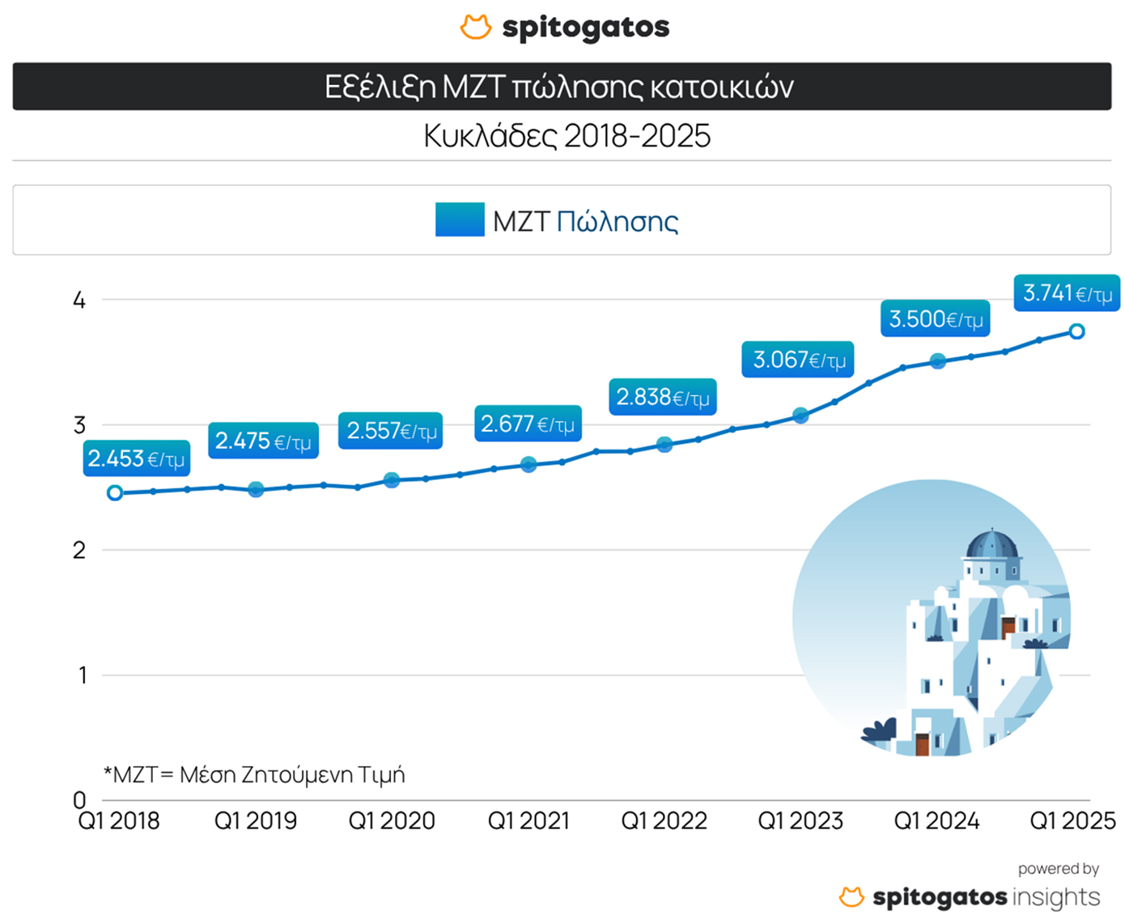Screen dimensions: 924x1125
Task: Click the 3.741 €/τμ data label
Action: pyautogui.click(x=1067, y=293)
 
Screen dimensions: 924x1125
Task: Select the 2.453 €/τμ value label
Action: pyautogui.click(x=136, y=459)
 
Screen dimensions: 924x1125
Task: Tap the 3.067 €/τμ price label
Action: pyautogui.click(x=798, y=360)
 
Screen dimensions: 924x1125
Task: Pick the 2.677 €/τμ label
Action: pyautogui.click(x=528, y=424)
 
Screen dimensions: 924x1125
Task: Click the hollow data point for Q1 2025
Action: pyautogui.click(x=1076, y=331)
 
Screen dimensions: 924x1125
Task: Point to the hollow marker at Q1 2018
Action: pyautogui.click(x=116, y=493)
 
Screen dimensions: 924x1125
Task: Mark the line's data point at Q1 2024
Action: pyautogui.click(x=937, y=361)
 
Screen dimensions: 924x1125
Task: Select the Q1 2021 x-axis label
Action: pyautogui.click(x=529, y=821)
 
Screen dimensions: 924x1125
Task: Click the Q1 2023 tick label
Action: pyautogui.click(x=800, y=821)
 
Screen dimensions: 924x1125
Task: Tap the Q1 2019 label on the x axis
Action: pyautogui.click(x=256, y=821)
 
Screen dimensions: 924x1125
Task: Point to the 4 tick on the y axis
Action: pyautogui.click(x=79, y=300)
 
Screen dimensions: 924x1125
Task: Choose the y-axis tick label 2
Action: pyautogui.click(x=79, y=551)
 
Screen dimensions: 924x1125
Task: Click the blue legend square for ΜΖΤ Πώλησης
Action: pyautogui.click(x=460, y=219)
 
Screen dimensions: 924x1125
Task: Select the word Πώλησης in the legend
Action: pyautogui.click(x=617, y=221)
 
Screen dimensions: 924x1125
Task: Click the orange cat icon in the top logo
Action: pyautogui.click(x=476, y=27)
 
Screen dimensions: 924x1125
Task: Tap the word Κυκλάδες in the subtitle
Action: pyautogui.click(x=490, y=136)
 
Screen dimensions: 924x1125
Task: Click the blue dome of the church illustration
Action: pyautogui.click(x=992, y=543)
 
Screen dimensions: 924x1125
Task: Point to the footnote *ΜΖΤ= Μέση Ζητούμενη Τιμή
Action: pyautogui.click(x=254, y=775)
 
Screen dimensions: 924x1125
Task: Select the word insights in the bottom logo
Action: pyautogui.click(x=1056, y=897)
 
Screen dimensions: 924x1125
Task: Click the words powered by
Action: pyautogui.click(x=1058, y=869)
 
